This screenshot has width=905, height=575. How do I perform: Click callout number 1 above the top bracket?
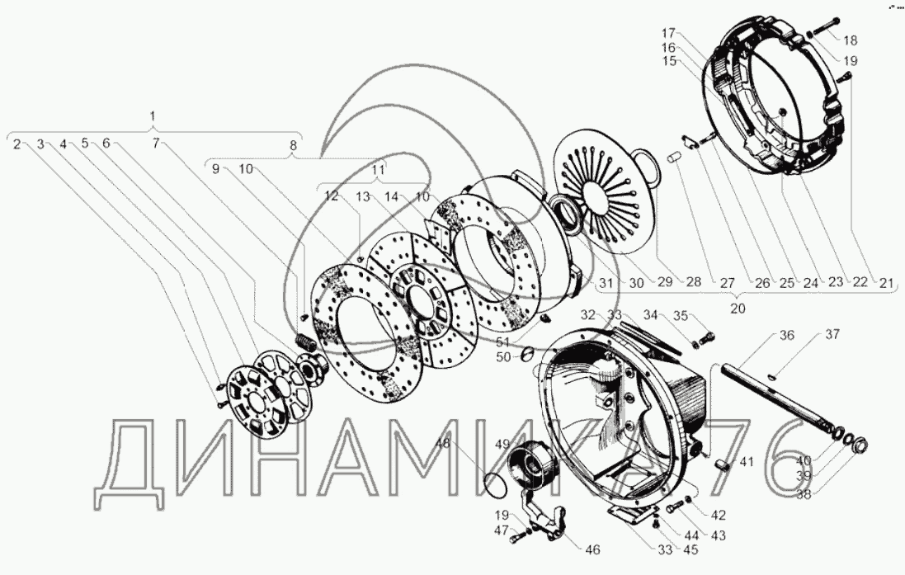(x=153, y=116)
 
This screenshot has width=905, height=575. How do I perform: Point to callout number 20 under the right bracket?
(x=738, y=309)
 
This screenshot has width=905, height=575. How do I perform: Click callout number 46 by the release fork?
(x=592, y=550)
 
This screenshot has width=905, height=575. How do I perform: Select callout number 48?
(x=444, y=443)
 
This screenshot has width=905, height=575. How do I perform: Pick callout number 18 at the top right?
(x=850, y=40)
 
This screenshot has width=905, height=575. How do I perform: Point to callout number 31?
(x=606, y=283)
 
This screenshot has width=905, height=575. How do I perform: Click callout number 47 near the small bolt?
(x=500, y=530)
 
